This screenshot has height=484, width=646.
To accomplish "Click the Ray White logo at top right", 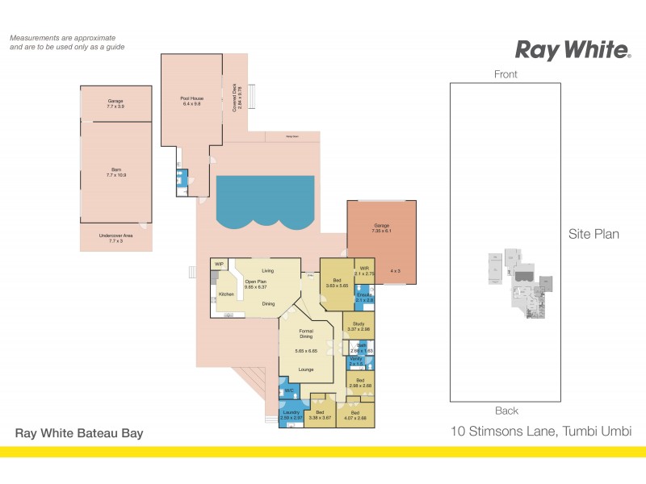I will pyautogui.click(x=573, y=50).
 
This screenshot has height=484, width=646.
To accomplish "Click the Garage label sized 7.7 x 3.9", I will pyautogui.click(x=115, y=102).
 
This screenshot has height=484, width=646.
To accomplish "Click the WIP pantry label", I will pyautogui.click(x=219, y=264).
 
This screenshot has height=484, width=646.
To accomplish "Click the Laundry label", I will pyautogui.click(x=291, y=412).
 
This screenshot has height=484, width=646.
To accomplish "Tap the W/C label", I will pyautogui.click(x=288, y=391).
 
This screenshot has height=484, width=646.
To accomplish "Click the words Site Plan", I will pyautogui.click(x=594, y=235).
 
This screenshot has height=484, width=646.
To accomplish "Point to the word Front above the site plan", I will pyautogui.click(x=506, y=74).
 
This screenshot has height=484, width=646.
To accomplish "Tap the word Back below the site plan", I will pyautogui.click(x=506, y=411).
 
